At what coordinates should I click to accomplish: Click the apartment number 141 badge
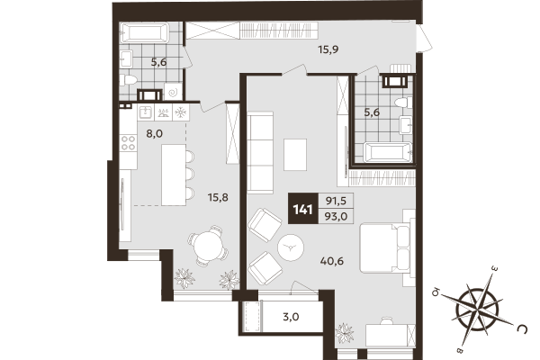(303, 210)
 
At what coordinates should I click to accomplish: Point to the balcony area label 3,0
(291, 317)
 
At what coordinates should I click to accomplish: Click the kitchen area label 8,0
(154, 133)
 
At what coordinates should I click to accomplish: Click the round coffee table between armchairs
(292, 245)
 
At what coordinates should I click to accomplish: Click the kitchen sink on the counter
(145, 112)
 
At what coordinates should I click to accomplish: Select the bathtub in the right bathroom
(381, 152)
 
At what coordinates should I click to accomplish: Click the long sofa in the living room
(260, 151)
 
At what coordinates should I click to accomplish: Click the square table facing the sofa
(295, 154)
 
